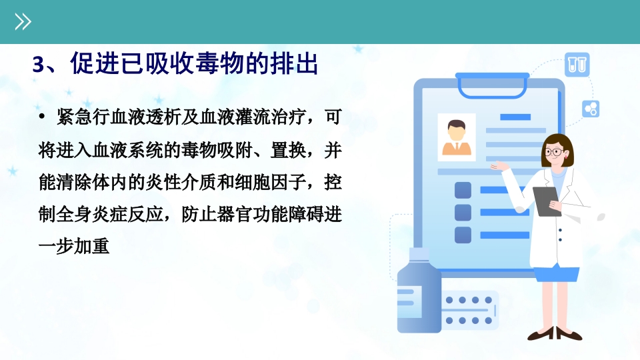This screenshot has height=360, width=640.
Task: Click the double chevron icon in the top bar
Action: click(23, 22)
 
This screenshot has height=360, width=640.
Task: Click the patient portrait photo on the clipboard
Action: click(457, 137)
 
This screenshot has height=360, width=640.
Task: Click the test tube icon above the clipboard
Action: click(577, 65)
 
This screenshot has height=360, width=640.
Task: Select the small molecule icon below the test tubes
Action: click(591, 108)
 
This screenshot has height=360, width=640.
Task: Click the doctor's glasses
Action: click(553, 152)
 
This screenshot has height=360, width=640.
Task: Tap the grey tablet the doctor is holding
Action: click(547, 201)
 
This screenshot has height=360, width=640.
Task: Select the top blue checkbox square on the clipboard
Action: click(463, 190)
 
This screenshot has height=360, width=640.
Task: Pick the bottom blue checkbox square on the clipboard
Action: click(463, 235)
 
